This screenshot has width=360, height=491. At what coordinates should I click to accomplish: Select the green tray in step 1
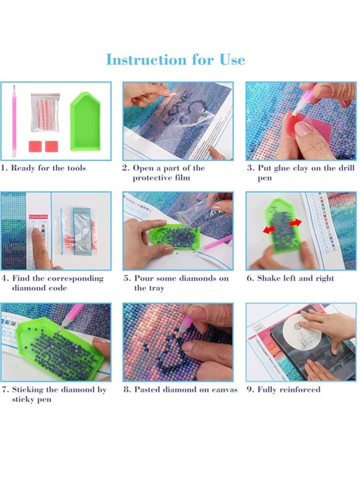coord(85,122)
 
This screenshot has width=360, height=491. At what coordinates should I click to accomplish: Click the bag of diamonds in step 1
coord(45,112)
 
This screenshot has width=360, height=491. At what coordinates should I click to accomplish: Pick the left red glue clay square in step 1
coord(35,146)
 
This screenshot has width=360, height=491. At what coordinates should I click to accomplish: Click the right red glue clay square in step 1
coord(52,146)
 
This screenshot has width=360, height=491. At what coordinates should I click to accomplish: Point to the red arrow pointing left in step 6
coord(269,230)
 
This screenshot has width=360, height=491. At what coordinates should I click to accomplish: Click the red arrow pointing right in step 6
coord(296,223)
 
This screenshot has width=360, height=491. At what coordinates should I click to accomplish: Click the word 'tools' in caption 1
coord(76,168)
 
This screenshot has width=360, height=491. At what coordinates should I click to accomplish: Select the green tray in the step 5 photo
coord(174,235)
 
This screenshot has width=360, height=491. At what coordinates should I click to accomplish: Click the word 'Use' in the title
coord(232,60)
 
